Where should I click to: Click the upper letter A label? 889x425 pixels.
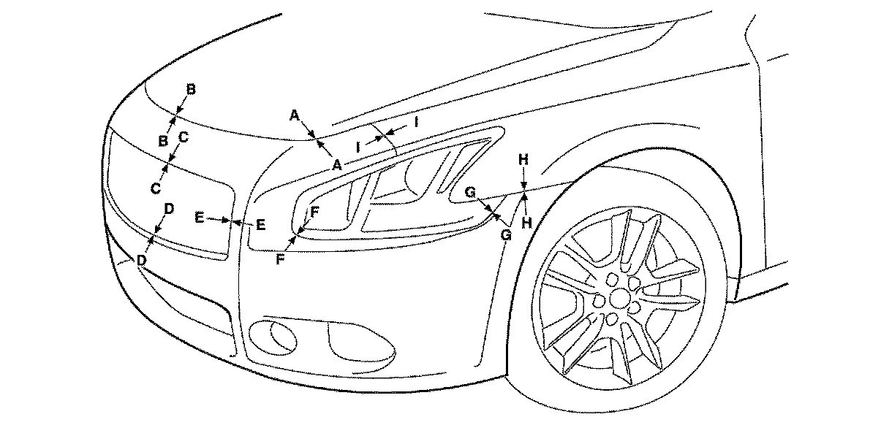click(x=295, y=115)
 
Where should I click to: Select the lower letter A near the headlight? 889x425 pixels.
click(x=336, y=165)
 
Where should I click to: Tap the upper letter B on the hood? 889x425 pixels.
click(x=191, y=89)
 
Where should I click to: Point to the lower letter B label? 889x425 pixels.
click(x=164, y=140)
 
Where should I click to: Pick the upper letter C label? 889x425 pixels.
click(x=184, y=137)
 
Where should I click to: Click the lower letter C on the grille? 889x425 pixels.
click(x=156, y=188)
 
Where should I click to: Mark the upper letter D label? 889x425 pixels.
click(x=169, y=209)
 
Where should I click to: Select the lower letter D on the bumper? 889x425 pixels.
click(x=141, y=260)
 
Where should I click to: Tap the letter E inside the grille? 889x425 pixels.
click(x=200, y=217)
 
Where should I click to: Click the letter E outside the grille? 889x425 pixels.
click(x=260, y=225)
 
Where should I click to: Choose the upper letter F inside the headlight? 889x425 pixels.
click(x=314, y=212)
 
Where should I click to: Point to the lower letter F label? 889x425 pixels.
click(x=280, y=259)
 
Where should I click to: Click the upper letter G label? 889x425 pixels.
click(x=470, y=191)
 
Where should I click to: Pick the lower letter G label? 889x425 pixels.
click(x=505, y=234)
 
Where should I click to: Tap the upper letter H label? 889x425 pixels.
click(x=523, y=158)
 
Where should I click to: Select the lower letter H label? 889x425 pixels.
click(x=526, y=223)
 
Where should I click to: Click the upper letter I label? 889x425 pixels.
click(x=415, y=122)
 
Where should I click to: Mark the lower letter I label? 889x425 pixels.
click(x=359, y=146)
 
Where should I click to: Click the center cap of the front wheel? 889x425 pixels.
click(x=620, y=298)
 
